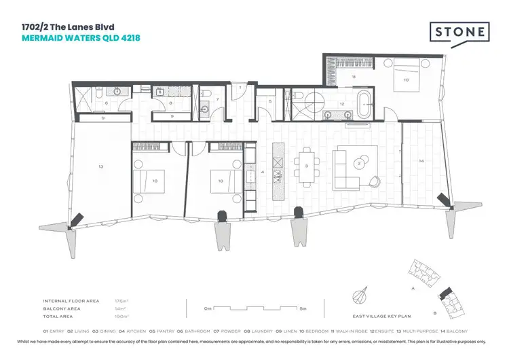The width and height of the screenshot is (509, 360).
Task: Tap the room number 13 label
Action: coord(100,166)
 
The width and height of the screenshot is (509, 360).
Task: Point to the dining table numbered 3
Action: coord(306,166)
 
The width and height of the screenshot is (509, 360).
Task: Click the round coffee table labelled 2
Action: coord(358,163)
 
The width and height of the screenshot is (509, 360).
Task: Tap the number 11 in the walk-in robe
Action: coord(354,78)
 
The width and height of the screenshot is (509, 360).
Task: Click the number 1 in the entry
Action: coord(240,88)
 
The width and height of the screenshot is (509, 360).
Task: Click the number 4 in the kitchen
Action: coord(261,173)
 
